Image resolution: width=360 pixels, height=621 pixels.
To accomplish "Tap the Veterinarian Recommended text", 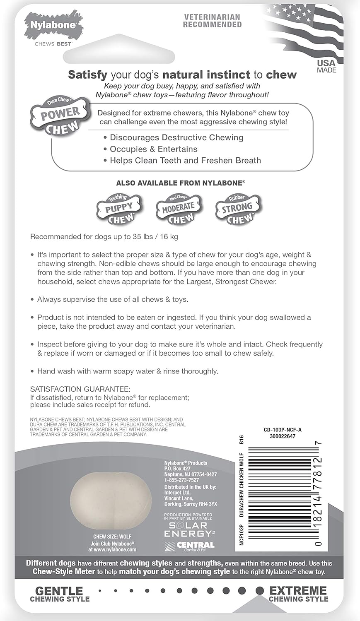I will point(212,21).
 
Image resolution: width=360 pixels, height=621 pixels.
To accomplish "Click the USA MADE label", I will point(326,66).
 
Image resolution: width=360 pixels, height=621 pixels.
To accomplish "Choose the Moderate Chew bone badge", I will point(179,209).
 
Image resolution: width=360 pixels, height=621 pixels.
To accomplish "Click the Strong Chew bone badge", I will point(237,209).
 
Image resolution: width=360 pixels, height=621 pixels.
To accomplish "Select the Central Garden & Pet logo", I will point(190,546).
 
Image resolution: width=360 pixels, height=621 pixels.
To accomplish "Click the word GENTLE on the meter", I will point(59,590).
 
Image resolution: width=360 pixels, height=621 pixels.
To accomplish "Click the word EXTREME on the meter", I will point(298,590).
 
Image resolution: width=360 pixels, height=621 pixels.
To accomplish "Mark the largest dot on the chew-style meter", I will point(260,590).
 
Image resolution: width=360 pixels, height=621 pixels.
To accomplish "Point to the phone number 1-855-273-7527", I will point(181,480).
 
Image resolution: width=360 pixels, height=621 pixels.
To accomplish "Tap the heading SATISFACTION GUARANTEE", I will point(80,389).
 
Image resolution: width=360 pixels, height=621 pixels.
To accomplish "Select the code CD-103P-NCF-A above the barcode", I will point(283,430).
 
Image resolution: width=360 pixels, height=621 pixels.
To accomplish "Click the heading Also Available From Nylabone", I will point(181,183).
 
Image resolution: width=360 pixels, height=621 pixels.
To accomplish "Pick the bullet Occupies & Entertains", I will point(153,149).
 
